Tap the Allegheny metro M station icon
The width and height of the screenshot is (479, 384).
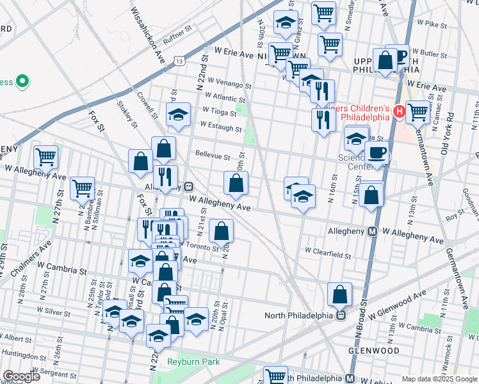click(x=372, y=231)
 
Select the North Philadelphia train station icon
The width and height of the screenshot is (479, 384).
click(x=341, y=314)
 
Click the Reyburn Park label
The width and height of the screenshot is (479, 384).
click(x=193, y=362)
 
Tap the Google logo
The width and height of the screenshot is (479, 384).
click(x=20, y=376)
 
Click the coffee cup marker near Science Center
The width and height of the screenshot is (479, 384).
click(x=377, y=153)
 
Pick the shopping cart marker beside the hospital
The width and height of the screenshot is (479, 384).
click(x=418, y=112)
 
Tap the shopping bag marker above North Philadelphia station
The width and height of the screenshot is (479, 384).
click(x=339, y=294)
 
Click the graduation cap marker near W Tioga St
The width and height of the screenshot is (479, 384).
click(x=178, y=115)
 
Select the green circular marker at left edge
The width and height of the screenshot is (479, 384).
click(x=22, y=82)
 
